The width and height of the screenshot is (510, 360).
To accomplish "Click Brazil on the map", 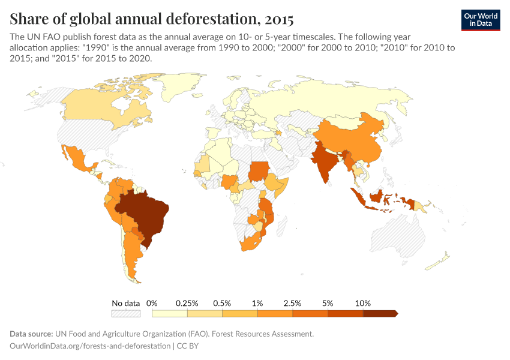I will tap(147, 213).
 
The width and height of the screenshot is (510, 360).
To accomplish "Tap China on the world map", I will tap(354, 141).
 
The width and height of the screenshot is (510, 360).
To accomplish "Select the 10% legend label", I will tap(363, 303).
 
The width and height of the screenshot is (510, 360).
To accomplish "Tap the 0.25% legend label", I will tap(187, 303).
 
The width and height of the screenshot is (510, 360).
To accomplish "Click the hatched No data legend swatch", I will tap(125, 313).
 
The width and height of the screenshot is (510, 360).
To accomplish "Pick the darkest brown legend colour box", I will tap(380, 313).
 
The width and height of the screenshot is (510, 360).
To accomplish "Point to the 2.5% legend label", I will tap(293, 303).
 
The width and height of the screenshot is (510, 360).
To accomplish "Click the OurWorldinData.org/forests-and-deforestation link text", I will tap(90, 346).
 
